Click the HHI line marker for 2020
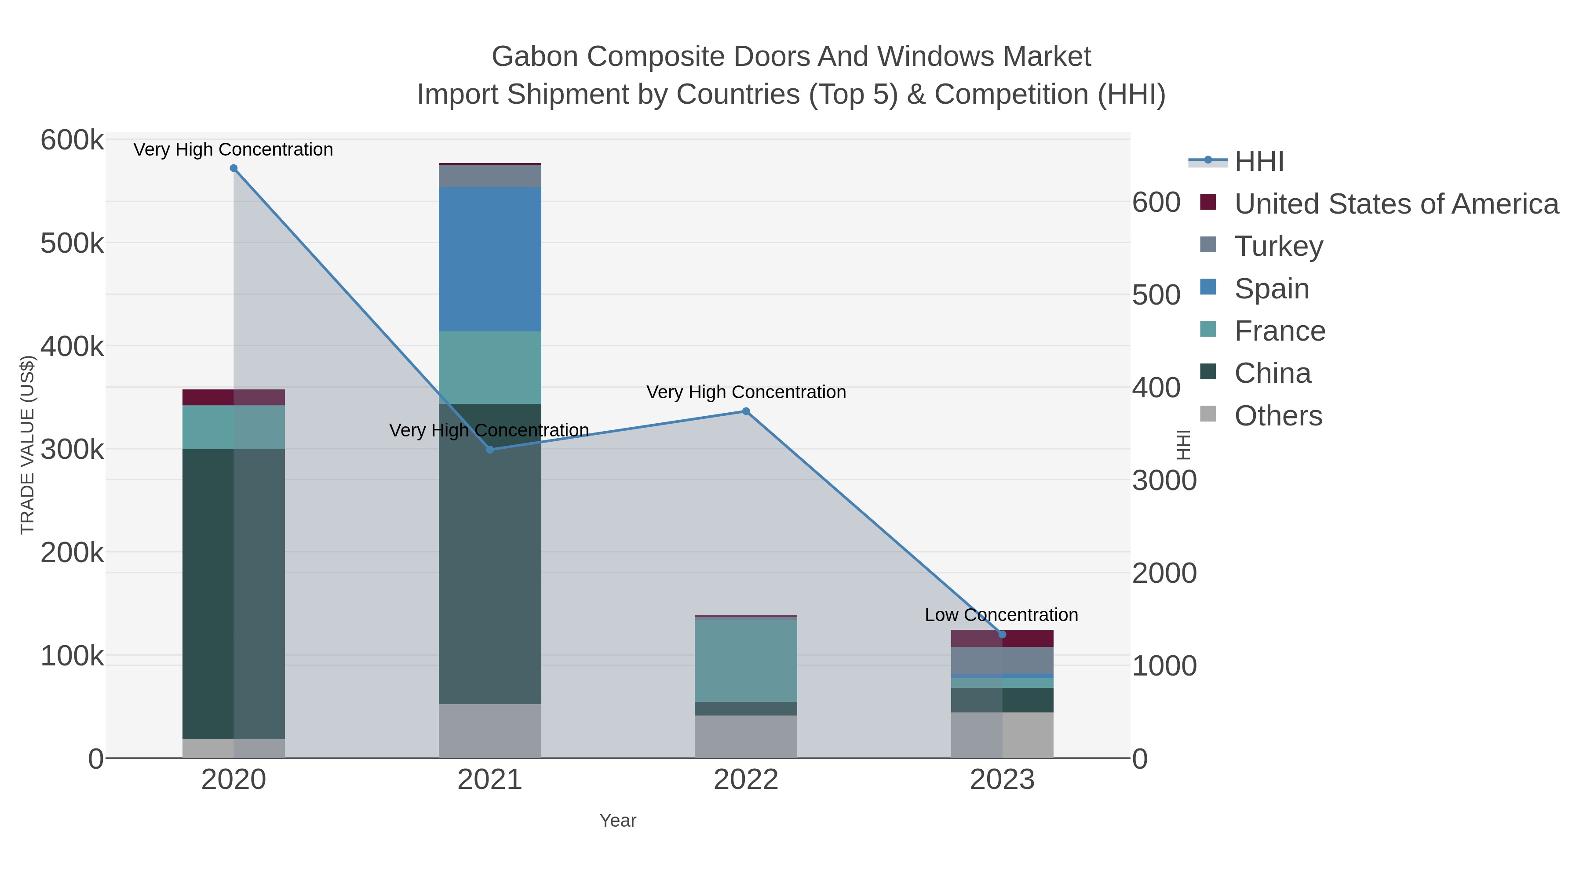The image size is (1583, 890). click(233, 168)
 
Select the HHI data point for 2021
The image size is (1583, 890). click(490, 450)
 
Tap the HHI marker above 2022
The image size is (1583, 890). click(746, 411)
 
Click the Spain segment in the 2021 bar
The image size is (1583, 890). click(490, 259)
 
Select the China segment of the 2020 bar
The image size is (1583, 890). click(233, 593)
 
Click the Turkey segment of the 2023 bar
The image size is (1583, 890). click(1002, 660)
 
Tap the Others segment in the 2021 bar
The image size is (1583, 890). click(490, 731)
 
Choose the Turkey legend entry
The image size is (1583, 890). click(1278, 246)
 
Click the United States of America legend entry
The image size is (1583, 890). click(1395, 204)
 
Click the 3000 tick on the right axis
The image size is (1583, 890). click(1164, 480)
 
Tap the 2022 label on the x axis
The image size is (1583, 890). click(746, 779)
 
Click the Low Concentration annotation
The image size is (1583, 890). click(1001, 615)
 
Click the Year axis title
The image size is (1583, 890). click(618, 821)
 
